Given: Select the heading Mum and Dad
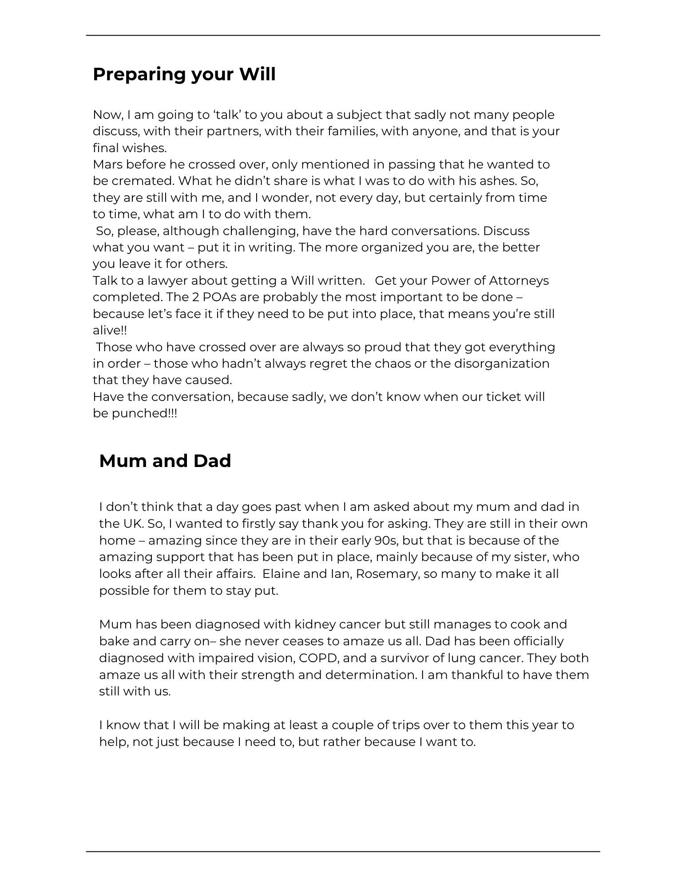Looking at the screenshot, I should [x=165, y=461].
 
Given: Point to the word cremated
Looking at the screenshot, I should [x=142, y=181].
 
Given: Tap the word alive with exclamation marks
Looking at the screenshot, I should [x=110, y=330].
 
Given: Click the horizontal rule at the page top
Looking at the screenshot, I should [x=343, y=35].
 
